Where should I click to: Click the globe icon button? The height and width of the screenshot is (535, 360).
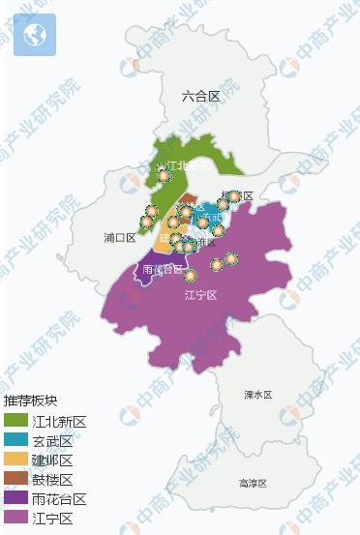pos(35,36)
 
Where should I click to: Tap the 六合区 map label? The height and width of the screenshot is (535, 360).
pos(200,96)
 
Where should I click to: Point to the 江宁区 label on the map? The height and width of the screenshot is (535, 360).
pos(199,294)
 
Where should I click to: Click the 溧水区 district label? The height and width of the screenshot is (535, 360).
pos(257,395)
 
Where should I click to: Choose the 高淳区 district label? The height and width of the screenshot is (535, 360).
pos(254,483)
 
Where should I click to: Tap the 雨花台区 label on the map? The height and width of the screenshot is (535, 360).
pos(162,269)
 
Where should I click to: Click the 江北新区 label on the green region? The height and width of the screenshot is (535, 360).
pos(187,165)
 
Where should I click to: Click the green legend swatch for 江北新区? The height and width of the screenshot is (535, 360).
pos(15,422)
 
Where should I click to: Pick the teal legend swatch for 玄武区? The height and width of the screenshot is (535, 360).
pos(15,441)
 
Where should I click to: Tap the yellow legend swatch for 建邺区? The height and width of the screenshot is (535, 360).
pos(15,461)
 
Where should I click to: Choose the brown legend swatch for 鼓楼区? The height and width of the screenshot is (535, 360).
pos(15,480)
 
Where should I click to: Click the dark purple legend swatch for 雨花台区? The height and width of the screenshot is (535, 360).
pos(15,499)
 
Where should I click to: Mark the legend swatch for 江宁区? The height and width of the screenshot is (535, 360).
pos(15,519)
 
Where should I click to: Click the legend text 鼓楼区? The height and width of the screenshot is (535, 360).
pos(53,480)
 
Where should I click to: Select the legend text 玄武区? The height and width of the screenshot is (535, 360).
pos(53,441)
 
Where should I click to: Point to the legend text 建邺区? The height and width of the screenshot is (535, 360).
pos(53,461)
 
